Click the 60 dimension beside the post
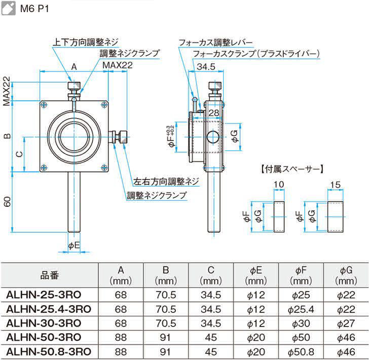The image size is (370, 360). (x=7, y=201)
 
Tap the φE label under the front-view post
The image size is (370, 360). (x=74, y=245)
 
